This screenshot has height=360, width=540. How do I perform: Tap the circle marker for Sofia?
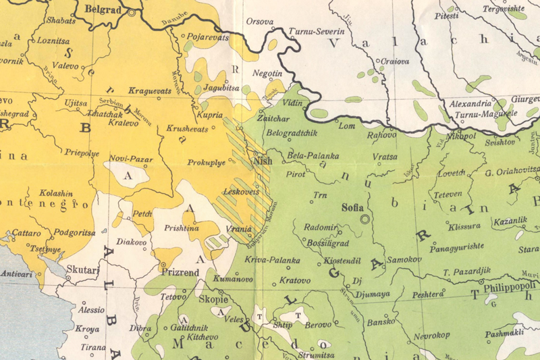[x=366, y=219]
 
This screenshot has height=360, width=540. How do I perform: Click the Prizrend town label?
[x=180, y=273]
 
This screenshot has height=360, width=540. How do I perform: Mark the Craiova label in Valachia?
[x=395, y=61]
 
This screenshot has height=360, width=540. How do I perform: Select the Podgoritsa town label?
[x=74, y=232]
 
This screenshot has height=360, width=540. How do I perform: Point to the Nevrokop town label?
[x=432, y=335]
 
